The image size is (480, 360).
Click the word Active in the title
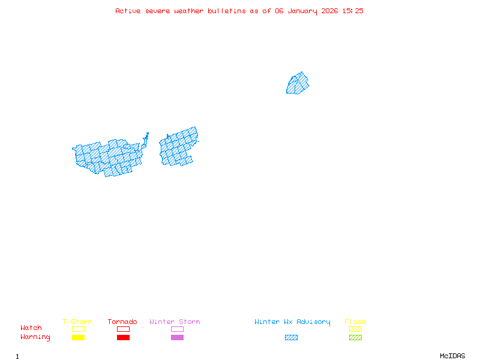[x=128, y=11]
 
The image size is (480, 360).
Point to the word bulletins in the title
[x=227, y=11]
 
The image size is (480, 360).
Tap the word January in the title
[x=303, y=11]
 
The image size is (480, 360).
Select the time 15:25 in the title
[x=352, y=11]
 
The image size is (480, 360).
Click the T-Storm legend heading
[x=77, y=322]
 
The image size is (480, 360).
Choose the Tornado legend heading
[x=122, y=322]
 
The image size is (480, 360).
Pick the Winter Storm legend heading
[x=175, y=322]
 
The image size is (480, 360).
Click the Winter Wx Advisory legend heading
[x=292, y=322]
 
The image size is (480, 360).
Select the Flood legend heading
[x=355, y=322]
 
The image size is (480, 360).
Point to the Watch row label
[x=31, y=328]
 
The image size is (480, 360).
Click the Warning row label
[x=35, y=337]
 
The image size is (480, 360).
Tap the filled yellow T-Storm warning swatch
[x=78, y=338]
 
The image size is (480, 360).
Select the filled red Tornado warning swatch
[x=123, y=338]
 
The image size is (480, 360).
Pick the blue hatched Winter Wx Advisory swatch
[x=291, y=338]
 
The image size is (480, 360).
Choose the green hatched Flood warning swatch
[x=355, y=338]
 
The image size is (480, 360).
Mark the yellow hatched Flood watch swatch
[x=355, y=329]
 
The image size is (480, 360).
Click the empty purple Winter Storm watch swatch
[x=177, y=329]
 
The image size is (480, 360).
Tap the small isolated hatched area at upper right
[x=298, y=83]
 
